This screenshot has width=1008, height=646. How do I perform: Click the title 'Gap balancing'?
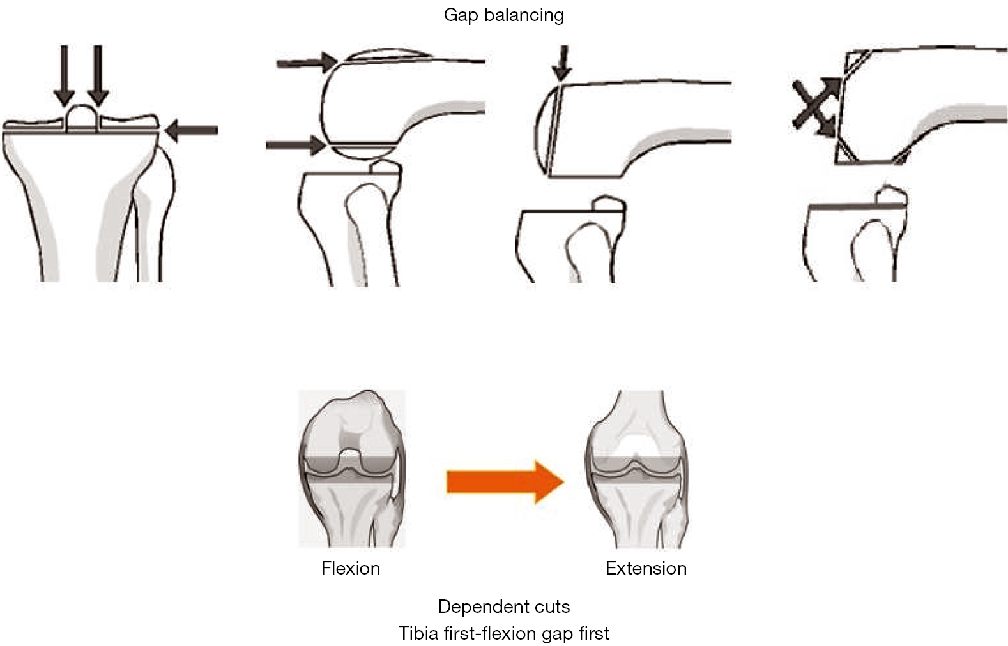coord(503,15)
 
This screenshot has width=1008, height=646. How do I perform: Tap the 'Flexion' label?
coord(350,568)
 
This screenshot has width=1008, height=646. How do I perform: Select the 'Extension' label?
coord(646,568)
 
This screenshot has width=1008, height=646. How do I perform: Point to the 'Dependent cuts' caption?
coord(503,606)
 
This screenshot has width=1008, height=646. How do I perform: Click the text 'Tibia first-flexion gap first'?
coord(503,633)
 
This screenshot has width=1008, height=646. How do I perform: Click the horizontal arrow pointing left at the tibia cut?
coord(192,131)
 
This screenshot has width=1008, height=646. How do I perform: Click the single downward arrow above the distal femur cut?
coord(562,63)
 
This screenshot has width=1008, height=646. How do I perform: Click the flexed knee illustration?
coord(351,469)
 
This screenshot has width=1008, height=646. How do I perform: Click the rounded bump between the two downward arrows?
coord(82,117)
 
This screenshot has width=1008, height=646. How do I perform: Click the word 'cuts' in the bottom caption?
coord(553,606)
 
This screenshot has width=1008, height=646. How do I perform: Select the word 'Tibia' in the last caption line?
coord(418,633)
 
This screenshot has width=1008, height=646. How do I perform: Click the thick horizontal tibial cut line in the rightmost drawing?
coord(842,207)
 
